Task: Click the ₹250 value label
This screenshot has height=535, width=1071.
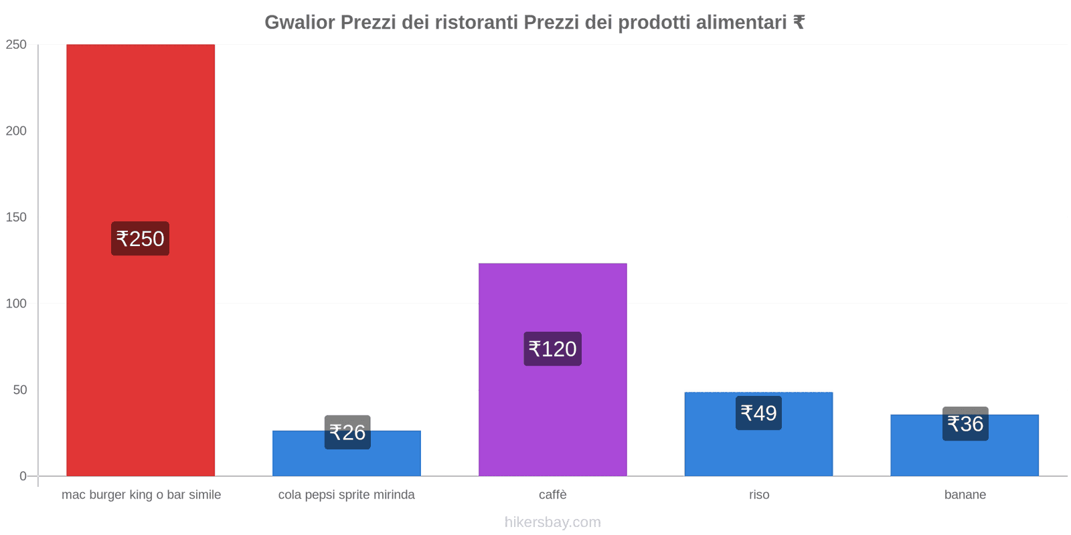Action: pyautogui.click(x=140, y=239)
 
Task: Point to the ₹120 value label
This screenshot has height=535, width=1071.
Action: pyautogui.click(x=552, y=349)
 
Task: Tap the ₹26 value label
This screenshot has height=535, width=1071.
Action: pyautogui.click(x=347, y=433)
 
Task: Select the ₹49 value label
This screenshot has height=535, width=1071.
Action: pyautogui.click(x=758, y=413)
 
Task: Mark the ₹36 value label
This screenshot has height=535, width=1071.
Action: pyautogui.click(x=965, y=424)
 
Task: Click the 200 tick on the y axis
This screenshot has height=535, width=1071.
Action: pyautogui.click(x=16, y=131)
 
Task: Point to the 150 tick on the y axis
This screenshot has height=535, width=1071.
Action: pyautogui.click(x=16, y=217)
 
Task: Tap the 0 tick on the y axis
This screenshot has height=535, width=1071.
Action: pyautogui.click(x=23, y=476)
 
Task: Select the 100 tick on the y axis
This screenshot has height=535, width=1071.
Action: pyautogui.click(x=16, y=304)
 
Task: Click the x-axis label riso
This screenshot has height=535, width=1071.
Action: pyautogui.click(x=759, y=495)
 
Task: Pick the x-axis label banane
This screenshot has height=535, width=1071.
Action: pyautogui.click(x=965, y=495)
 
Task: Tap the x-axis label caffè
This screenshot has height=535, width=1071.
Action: pyautogui.click(x=552, y=495)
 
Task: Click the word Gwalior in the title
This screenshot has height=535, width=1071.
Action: pyautogui.click(x=299, y=23)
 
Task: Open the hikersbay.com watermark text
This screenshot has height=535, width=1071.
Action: pyautogui.click(x=552, y=522)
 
